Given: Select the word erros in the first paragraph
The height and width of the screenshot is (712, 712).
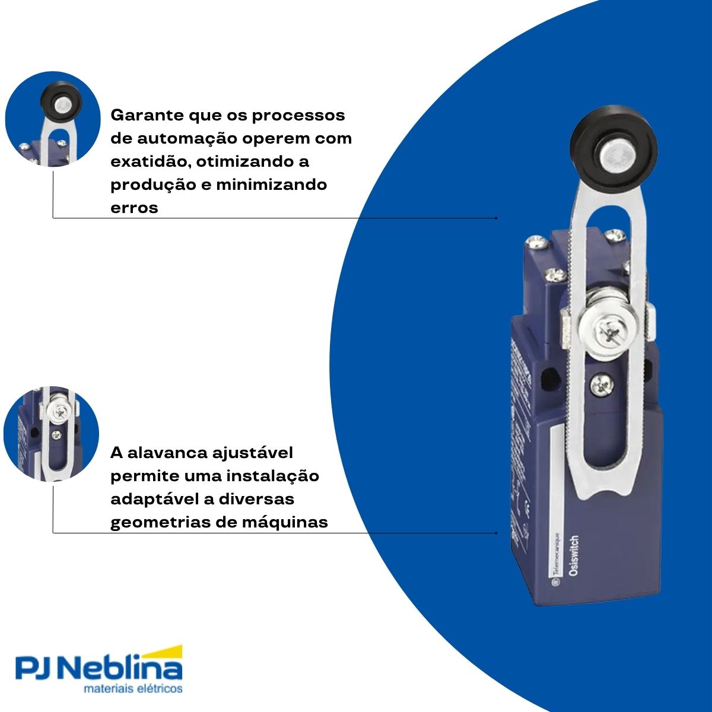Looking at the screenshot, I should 135,208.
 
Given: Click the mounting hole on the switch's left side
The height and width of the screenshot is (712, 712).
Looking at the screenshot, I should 551,377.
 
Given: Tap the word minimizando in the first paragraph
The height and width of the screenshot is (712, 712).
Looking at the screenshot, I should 271,185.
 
